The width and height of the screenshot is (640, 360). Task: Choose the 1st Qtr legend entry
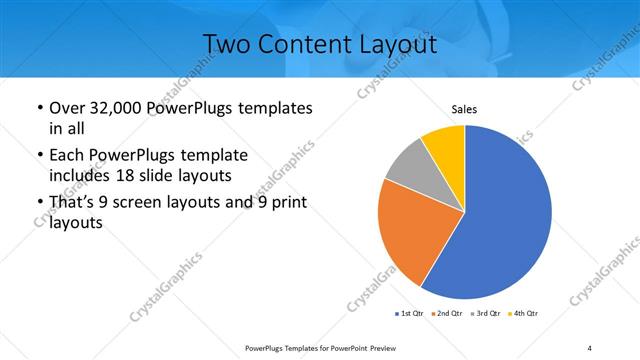tap(410, 314)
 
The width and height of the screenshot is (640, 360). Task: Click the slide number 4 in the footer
tap(590, 347)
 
